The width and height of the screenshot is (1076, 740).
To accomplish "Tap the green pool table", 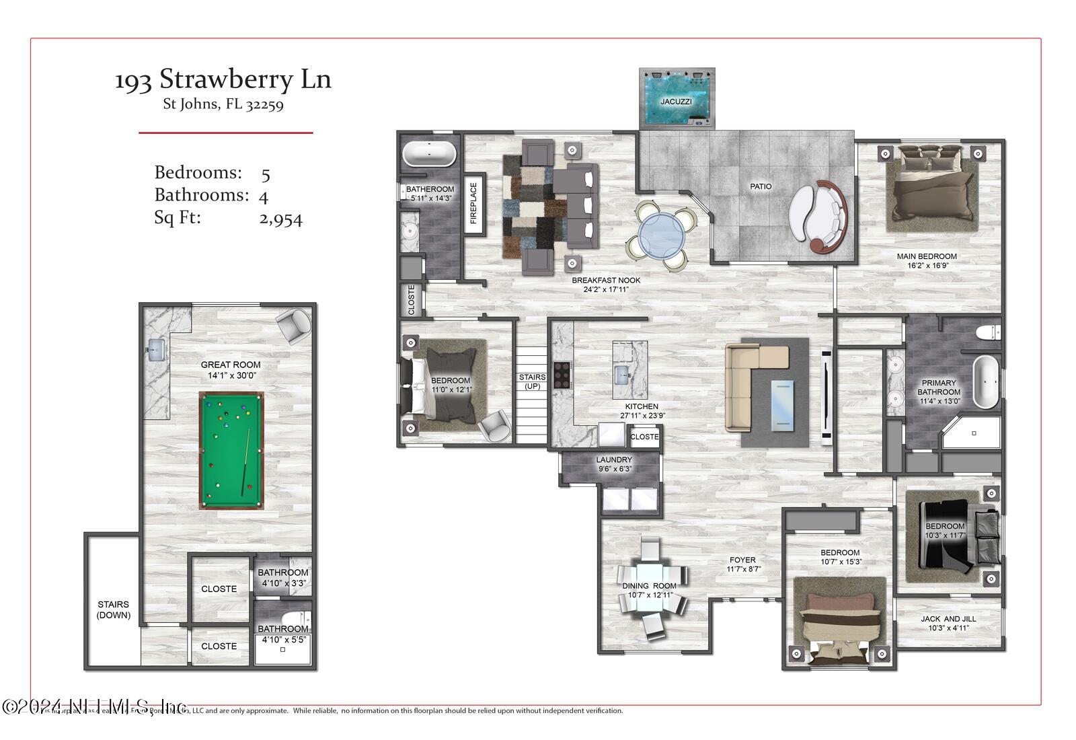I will [x=231, y=450].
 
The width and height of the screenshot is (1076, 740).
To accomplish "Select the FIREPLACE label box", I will [x=473, y=204].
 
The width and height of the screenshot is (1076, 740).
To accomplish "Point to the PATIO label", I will [x=761, y=186].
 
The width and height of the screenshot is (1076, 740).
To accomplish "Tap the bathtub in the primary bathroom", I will [x=987, y=382].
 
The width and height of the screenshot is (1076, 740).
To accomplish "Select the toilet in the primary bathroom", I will [x=989, y=332].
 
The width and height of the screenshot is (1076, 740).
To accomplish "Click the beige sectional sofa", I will [x=750, y=383].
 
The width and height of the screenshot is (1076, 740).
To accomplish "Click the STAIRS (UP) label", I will [x=532, y=381].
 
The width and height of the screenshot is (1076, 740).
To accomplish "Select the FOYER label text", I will [x=742, y=560].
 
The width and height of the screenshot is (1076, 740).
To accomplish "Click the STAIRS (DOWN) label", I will [x=113, y=609].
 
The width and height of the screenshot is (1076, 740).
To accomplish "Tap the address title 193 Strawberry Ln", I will [x=223, y=79].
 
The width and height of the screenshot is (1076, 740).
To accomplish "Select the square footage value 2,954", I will [x=280, y=219].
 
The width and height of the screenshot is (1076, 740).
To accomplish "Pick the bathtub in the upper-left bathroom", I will [x=429, y=154].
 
